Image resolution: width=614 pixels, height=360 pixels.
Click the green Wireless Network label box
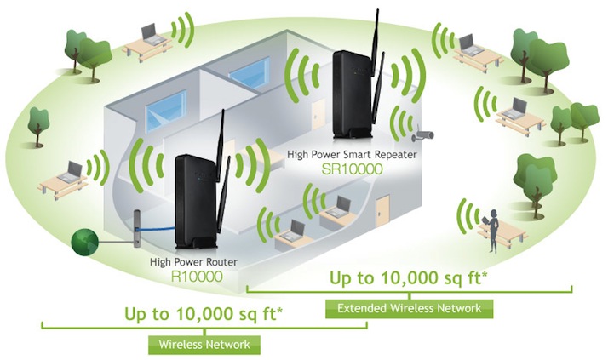[204, 345]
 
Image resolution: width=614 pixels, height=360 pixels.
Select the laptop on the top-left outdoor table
[151, 33]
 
